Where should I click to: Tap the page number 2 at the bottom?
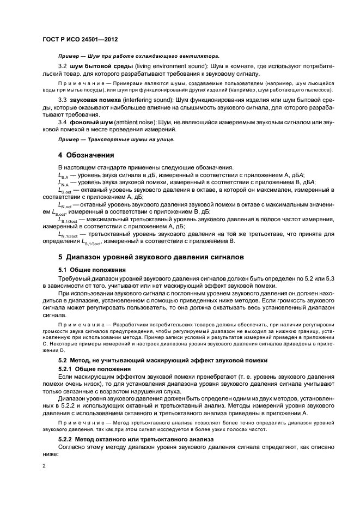coord(45,466)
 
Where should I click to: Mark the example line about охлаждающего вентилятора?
coord(138,56)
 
